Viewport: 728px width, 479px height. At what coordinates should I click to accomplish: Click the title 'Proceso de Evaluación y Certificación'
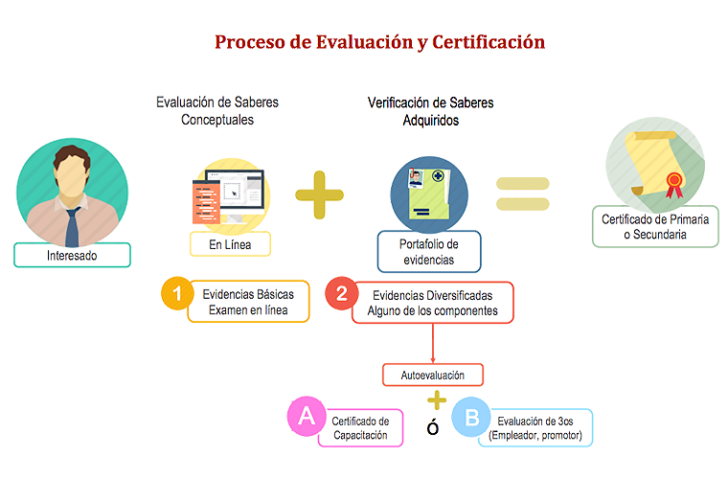pos(379,42)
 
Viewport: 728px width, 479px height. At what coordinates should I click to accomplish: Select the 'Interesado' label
pos(72,256)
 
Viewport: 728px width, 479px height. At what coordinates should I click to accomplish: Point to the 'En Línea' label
pos(231,245)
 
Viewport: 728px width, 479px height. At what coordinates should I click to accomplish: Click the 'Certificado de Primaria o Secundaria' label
pos(656,227)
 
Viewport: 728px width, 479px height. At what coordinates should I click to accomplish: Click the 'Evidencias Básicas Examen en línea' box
pos(248,302)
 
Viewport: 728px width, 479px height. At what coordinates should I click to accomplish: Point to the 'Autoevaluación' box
pos(431,375)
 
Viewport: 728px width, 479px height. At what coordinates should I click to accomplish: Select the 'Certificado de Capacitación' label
pos(360,427)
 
